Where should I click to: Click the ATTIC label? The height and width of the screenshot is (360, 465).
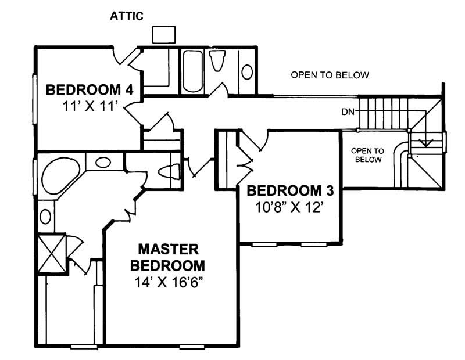(x=127, y=16)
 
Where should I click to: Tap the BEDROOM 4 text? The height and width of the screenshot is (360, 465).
(x=90, y=90)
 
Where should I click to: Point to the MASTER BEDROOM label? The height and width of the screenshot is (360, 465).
(x=167, y=258)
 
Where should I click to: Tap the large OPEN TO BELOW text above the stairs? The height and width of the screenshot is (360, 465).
(x=330, y=75)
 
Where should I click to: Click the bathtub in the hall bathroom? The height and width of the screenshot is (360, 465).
(x=192, y=71)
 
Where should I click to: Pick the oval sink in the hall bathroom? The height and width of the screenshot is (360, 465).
(x=247, y=72)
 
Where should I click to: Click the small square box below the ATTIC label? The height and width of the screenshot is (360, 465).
(x=163, y=34)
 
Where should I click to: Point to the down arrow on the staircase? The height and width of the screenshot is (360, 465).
(x=427, y=141)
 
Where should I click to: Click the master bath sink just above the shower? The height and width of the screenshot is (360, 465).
(x=45, y=217)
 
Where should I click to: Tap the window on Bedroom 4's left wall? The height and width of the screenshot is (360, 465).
(x=34, y=99)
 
